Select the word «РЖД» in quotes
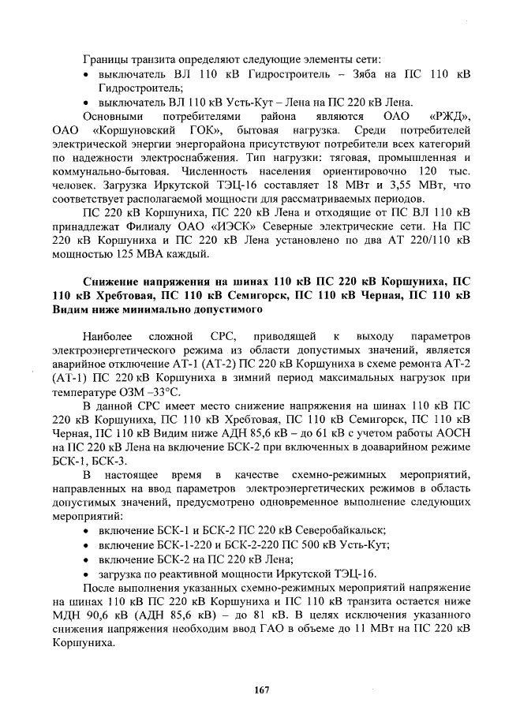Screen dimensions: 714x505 448,117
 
